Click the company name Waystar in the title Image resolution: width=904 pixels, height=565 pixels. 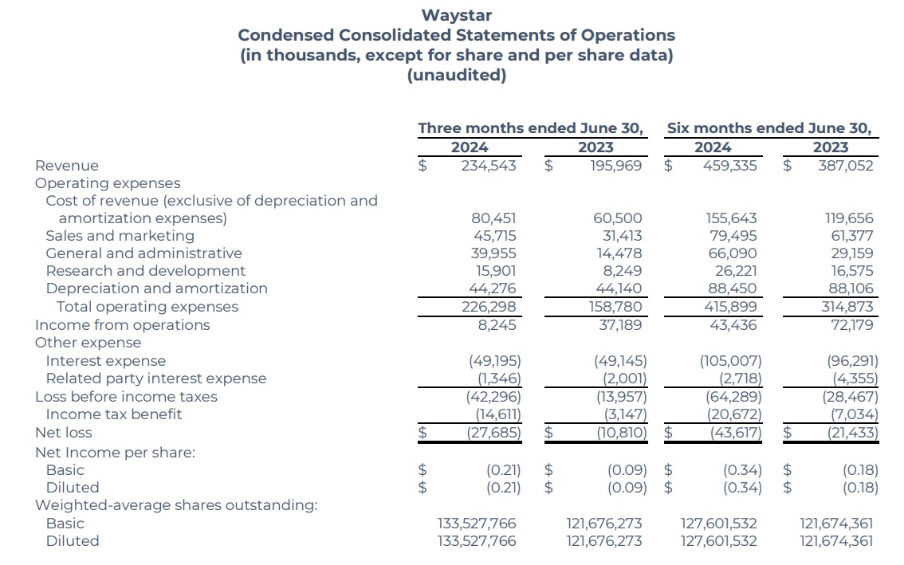coord(456,15)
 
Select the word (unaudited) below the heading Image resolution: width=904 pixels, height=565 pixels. coord(456,76)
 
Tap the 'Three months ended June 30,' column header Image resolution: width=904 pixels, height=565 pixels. coord(531,128)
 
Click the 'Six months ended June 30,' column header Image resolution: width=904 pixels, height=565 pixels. coord(769,128)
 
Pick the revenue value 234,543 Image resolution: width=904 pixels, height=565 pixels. coord(489,166)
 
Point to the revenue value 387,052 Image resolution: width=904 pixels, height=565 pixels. coord(846,166)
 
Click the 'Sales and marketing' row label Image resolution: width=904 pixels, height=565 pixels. coord(120,236)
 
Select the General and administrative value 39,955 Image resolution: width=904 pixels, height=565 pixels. coord(494,253)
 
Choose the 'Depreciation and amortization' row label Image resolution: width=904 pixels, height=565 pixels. coord(156,288)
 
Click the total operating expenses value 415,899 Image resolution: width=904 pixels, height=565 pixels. coord(730,307)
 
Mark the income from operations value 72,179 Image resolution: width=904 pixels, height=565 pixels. coord(851,325)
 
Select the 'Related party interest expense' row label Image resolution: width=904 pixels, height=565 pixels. coord(155,379)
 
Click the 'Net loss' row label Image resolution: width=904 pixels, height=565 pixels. coord(63,433)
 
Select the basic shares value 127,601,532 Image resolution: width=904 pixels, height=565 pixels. coord(718,524)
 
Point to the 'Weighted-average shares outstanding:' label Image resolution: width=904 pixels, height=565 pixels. coord(175,505)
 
